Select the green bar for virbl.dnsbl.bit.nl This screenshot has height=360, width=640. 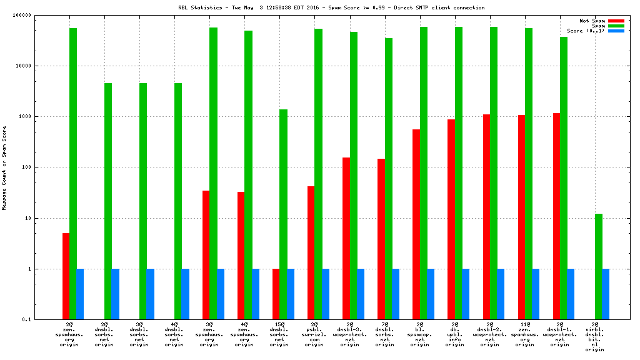(x=599, y=266)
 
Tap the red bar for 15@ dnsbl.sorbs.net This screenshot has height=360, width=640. (x=276, y=294)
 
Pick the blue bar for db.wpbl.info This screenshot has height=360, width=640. (x=466, y=294)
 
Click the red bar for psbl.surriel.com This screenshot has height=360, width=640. (x=311, y=252)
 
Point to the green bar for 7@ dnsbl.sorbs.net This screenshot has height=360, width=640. (x=389, y=179)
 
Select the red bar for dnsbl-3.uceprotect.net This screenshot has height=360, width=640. (x=346, y=238)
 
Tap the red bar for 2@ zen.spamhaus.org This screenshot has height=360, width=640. (x=66, y=276)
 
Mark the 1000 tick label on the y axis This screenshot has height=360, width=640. (x=42, y=116)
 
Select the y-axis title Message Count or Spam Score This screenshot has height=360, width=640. (x=4, y=167)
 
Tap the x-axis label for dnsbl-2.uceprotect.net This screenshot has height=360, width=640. (x=490, y=334)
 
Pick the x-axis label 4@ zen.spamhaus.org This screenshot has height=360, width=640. (x=245, y=334)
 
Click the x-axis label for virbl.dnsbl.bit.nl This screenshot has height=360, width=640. (x=595, y=337)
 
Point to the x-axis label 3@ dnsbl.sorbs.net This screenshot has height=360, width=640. (x=139, y=334)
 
